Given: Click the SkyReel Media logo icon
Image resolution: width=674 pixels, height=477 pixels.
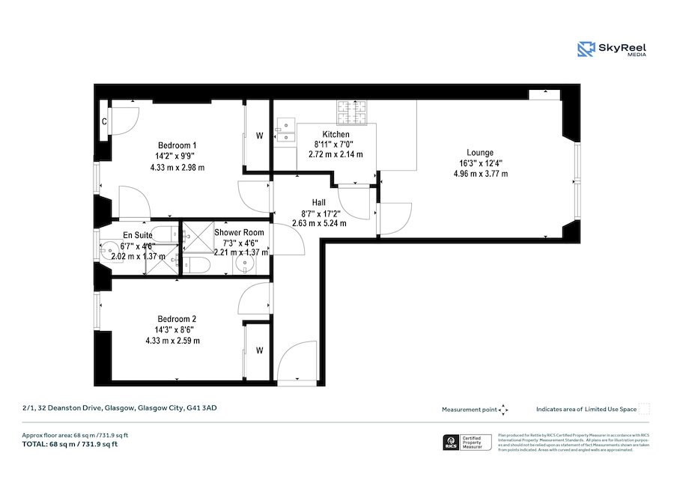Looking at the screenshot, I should (586, 49).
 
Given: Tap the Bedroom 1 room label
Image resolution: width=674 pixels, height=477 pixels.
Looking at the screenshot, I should (177, 145).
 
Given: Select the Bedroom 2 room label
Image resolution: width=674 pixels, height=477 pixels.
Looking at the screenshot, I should (177, 318).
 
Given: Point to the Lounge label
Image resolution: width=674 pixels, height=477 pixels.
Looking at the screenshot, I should (480, 152).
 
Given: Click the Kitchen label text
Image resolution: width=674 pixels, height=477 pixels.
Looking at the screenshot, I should (336, 134).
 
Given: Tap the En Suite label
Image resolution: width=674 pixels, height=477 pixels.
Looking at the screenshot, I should (137, 234).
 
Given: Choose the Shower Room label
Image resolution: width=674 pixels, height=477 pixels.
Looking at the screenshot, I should (239, 232).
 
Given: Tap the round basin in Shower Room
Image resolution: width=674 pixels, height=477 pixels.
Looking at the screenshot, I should (245, 264).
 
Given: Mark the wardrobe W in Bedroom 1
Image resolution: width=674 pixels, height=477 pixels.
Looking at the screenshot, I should (260, 136).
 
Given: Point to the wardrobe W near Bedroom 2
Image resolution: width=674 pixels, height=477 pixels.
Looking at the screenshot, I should (259, 350).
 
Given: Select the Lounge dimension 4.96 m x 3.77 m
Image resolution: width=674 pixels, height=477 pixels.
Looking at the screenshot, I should (480, 174).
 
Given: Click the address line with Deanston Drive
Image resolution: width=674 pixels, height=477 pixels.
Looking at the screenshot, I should (120, 408).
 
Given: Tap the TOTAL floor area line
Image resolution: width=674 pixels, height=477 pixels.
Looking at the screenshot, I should (70, 444).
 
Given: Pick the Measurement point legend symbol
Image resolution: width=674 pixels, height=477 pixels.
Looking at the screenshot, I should (503, 410).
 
